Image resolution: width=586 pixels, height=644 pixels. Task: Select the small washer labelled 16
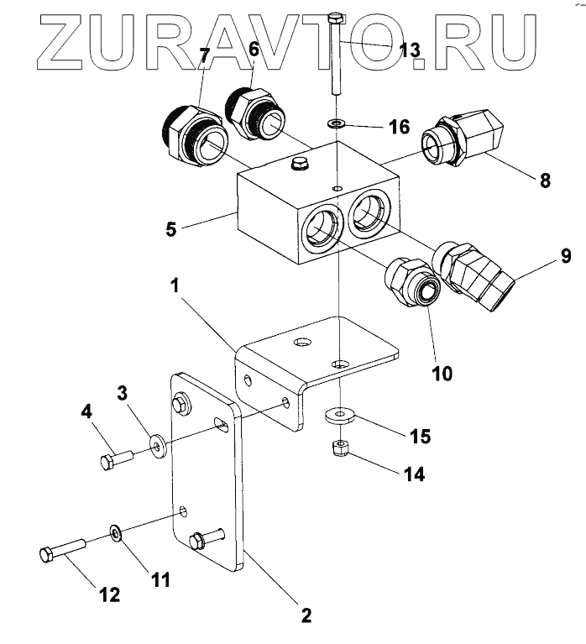337,124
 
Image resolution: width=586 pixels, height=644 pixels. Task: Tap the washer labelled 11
116,532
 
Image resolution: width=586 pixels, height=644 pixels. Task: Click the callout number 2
306,615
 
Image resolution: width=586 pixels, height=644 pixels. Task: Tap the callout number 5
170,227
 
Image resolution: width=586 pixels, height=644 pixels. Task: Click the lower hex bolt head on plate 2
200,540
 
